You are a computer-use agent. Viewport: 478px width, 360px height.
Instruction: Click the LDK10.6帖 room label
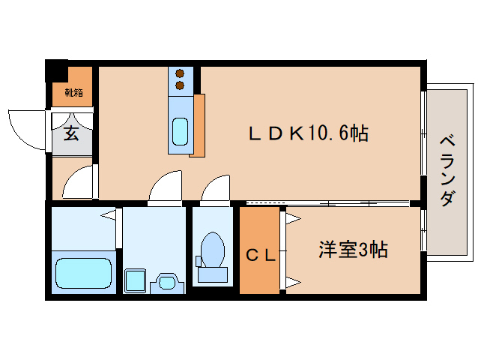pyautogui.click(x=307, y=134)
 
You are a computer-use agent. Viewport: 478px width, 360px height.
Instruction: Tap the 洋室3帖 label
pyautogui.click(x=352, y=250)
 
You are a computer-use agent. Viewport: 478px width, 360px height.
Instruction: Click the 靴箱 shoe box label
pyautogui.click(x=73, y=93)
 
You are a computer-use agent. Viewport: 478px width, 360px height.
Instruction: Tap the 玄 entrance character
pyautogui.click(x=71, y=134)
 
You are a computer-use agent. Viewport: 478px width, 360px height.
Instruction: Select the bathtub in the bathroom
pyautogui.click(x=83, y=273)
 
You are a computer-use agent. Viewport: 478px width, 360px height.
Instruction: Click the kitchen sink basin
pyautogui.click(x=181, y=132)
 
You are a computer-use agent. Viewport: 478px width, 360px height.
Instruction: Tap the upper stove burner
pyautogui.click(x=181, y=73)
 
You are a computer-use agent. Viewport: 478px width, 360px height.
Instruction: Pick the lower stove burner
pyautogui.click(x=181, y=85)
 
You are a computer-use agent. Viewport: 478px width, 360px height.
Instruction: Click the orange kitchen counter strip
pyautogui.click(x=198, y=125)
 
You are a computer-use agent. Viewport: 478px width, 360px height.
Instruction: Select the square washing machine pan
pyautogui.click(x=135, y=280)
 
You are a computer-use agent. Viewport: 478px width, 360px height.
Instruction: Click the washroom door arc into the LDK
pyautogui.click(x=166, y=187)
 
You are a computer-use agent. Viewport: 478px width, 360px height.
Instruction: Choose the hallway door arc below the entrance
pyautogui.click(x=78, y=183)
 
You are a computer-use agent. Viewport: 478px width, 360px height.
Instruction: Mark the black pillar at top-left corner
pyautogui.click(x=55, y=70)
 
